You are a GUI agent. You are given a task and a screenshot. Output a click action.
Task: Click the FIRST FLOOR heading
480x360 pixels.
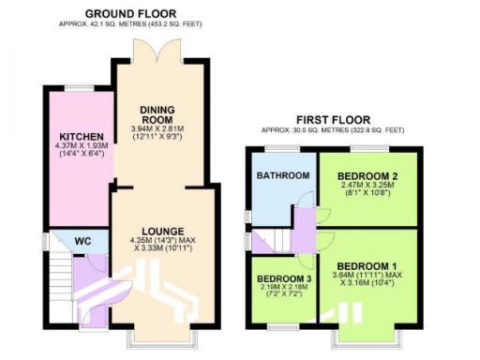point(332,120)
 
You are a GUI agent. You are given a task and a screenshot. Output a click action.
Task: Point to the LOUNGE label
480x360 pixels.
point(157,231)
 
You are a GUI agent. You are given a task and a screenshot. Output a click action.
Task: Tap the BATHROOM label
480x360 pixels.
point(283,176)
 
